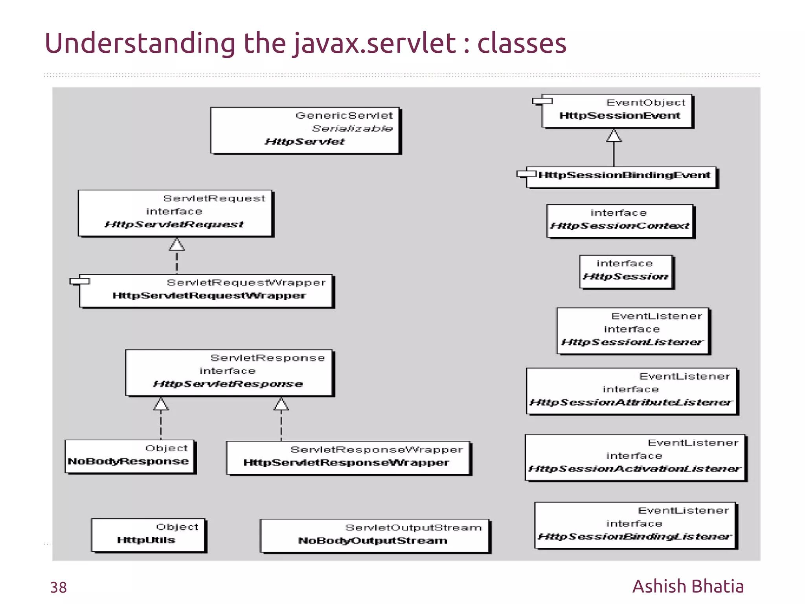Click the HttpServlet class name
coord(305,142)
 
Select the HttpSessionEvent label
coord(619,116)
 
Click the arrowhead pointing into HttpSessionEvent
coord(614,136)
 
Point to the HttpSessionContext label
coord(620,226)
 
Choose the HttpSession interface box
coord(626,272)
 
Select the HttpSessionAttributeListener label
coord(631,403)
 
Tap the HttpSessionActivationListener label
coord(635,469)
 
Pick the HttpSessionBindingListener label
coord(635,537)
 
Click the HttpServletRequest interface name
coord(174,225)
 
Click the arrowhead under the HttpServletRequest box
coord(177,245)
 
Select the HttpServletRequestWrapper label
coord(209,296)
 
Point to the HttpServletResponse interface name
coord(228,384)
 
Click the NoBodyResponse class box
coord(130,456)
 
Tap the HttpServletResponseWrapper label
coord(346,463)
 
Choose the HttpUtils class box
coord(148,535)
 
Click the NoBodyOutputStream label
coord(373,541)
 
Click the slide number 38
coord(59,587)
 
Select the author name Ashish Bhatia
coord(688,586)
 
